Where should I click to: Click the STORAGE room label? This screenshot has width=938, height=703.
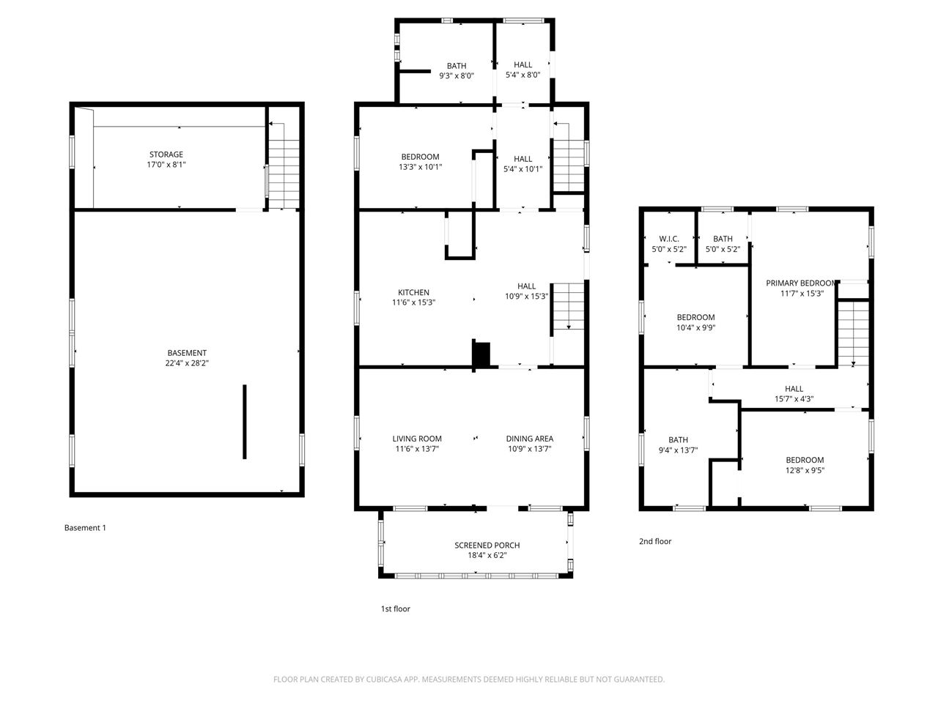click(166, 155)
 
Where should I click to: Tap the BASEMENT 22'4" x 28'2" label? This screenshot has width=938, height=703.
click(187, 357)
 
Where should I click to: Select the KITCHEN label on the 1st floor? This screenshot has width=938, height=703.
click(413, 292)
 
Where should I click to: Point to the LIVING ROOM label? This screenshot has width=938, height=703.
click(417, 439)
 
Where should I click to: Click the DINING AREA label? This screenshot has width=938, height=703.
click(530, 439)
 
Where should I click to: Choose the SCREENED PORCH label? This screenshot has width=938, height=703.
click(487, 545)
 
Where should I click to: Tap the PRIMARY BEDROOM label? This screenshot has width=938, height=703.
click(800, 283)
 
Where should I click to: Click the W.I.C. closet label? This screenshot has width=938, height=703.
click(669, 239)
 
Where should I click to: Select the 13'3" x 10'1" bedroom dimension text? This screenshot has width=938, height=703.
click(420, 167)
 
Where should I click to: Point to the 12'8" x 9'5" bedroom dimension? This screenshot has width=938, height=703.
click(805, 470)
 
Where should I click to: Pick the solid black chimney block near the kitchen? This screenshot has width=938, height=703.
click(481, 354)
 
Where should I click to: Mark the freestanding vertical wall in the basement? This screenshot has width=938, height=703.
click(245, 422)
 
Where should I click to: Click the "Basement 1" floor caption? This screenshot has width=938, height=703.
click(85, 527)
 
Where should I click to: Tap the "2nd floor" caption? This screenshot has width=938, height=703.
click(655, 541)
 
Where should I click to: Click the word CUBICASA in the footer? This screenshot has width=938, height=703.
click(384, 679)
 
